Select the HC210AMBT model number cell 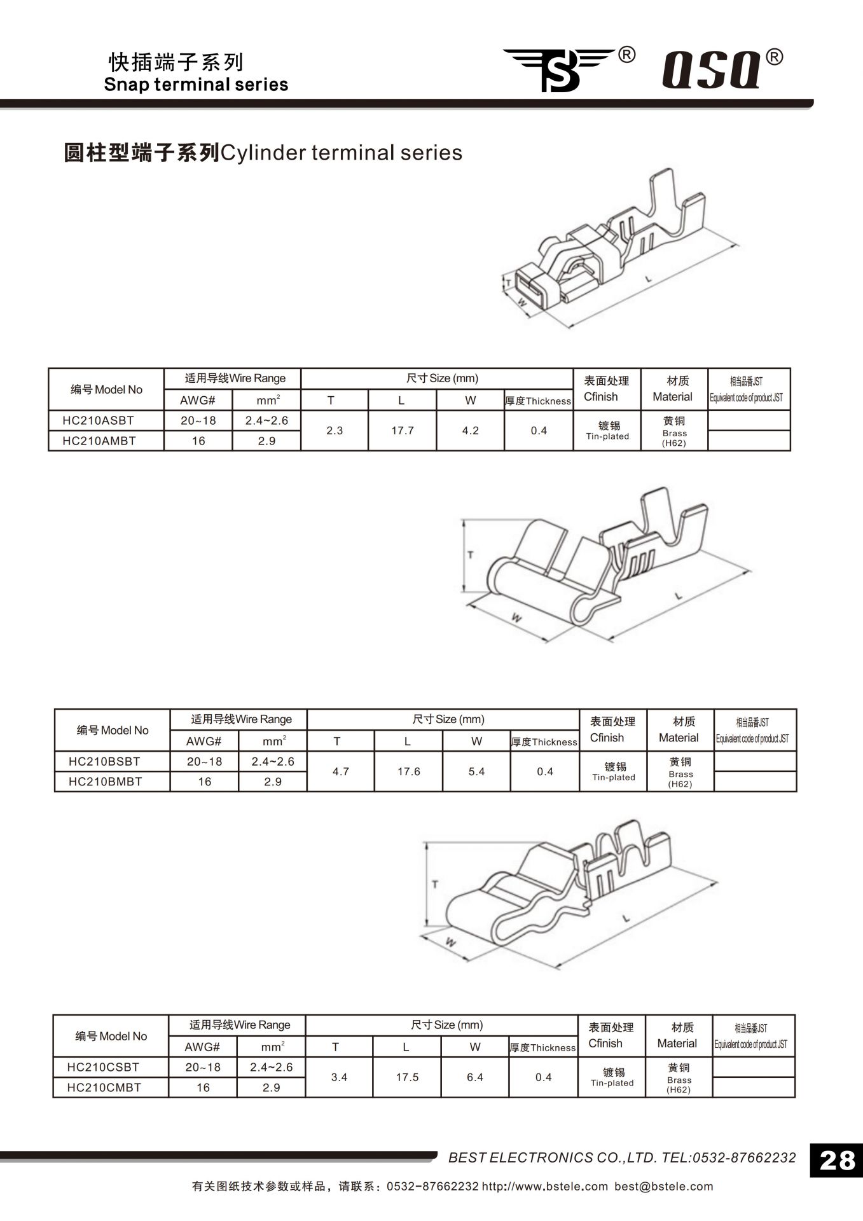click(99, 441)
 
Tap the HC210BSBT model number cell click(104, 761)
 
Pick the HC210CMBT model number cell click(104, 1087)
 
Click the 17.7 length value click(403, 431)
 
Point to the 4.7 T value click(341, 771)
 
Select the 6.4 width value click(475, 1077)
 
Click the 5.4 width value click(476, 771)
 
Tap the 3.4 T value click(340, 1077)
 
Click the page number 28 click(837, 1161)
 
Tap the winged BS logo click(560, 69)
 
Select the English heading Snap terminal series click(196, 85)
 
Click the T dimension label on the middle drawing click(471, 555)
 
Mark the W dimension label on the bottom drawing click(450, 942)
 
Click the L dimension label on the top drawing click(648, 279)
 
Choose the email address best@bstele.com click(663, 1186)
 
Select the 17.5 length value click(407, 1077)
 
